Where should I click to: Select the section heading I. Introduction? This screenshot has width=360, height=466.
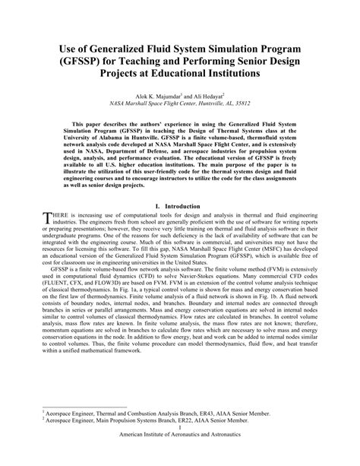point(179,206)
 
